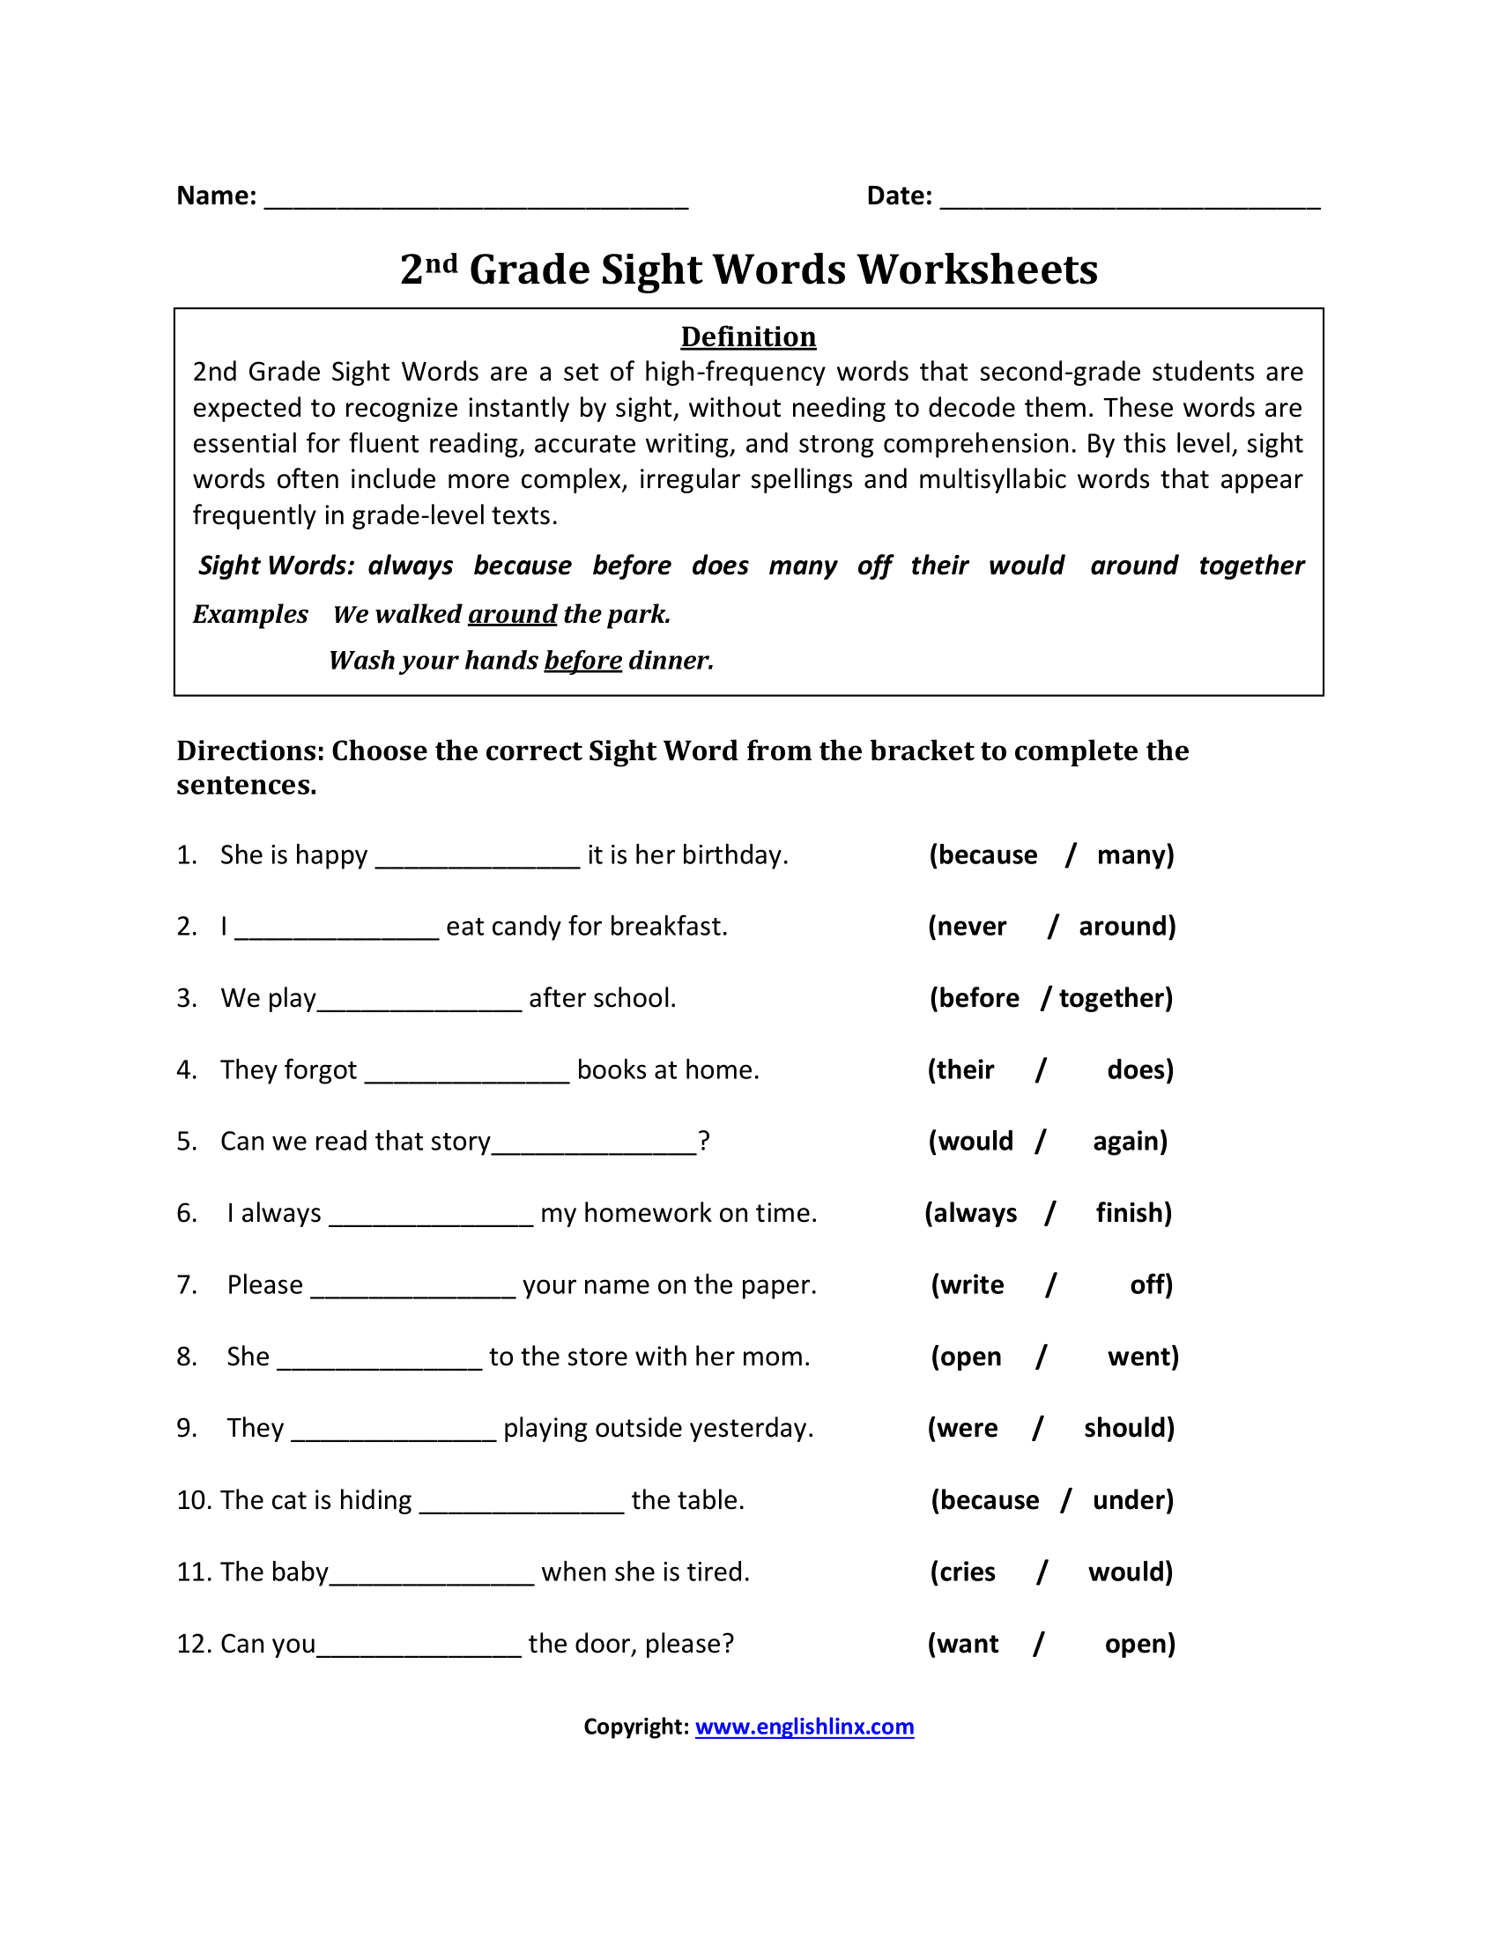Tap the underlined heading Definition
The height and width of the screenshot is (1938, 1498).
click(x=748, y=337)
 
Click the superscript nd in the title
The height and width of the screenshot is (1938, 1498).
click(x=441, y=262)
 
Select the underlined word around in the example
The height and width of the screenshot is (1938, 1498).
click(x=512, y=614)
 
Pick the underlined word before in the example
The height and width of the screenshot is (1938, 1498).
click(x=583, y=660)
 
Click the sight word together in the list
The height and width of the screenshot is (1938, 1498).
click(x=1250, y=566)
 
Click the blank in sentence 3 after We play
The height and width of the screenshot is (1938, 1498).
click(x=419, y=1002)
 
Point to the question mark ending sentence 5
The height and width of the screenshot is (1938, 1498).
click(x=704, y=1141)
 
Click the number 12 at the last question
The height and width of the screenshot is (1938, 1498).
click(x=190, y=1644)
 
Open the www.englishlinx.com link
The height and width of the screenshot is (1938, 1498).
click(x=804, y=1727)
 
